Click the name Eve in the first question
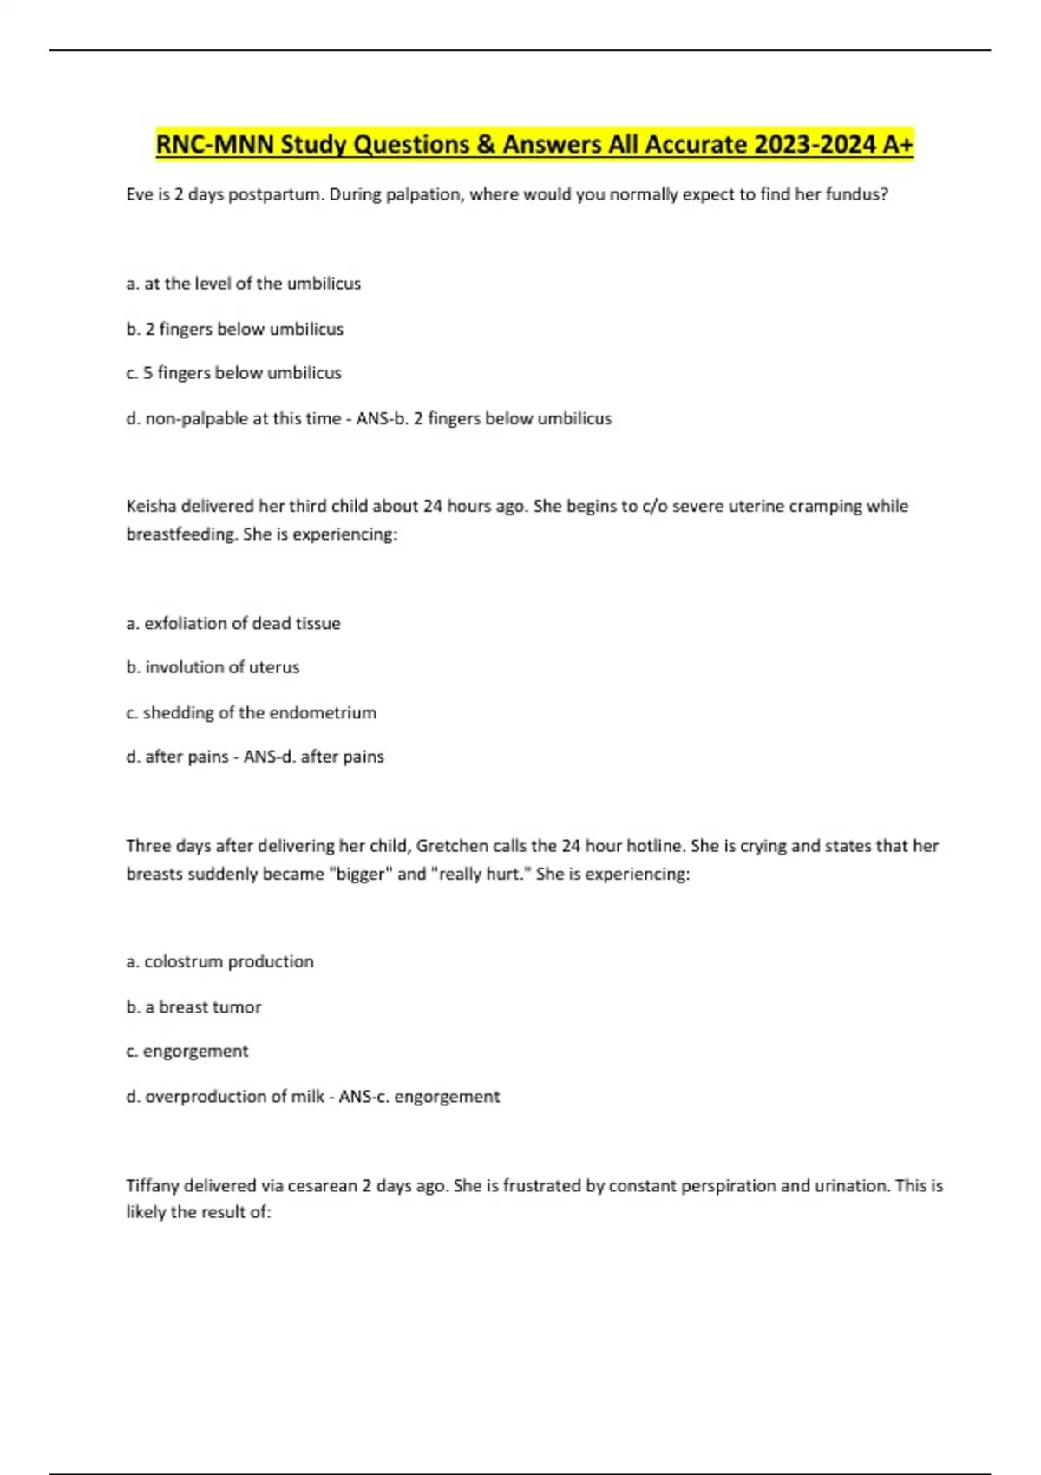tap(140, 194)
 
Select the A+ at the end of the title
tap(898, 144)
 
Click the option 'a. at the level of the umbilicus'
tap(243, 284)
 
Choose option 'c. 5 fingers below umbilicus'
tap(233, 373)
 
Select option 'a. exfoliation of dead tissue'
tap(233, 623)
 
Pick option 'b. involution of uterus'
tap(213, 667)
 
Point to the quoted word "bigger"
tap(360, 874)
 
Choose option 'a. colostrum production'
tap(219, 961)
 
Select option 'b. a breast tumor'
tap(193, 1006)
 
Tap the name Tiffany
tap(153, 1185)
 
